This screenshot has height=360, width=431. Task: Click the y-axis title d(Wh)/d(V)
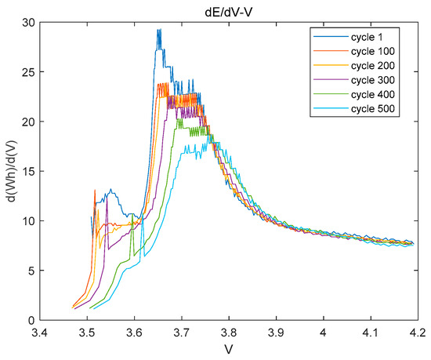[x=10, y=172]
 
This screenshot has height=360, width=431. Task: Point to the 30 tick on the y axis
[x=29, y=24]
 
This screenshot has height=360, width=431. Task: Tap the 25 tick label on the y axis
[x=29, y=73]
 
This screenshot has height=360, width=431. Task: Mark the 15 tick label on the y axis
[x=29, y=172]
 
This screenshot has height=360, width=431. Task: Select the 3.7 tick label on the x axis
[x=182, y=333]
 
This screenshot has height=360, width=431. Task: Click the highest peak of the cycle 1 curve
[x=159, y=31]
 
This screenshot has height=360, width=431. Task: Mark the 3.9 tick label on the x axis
[x=277, y=333]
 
